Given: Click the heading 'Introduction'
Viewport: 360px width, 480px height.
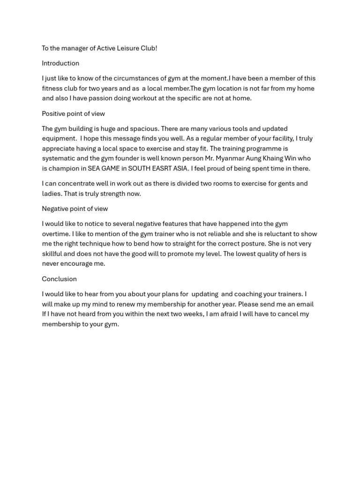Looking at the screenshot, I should (x=60, y=63).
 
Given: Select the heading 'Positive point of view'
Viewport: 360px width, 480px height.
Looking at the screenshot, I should (x=73, y=113).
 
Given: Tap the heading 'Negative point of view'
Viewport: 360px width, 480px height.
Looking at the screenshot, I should (x=75, y=209).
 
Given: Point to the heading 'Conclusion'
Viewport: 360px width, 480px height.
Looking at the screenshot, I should (x=59, y=279).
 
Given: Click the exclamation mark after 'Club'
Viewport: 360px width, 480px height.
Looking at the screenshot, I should (x=156, y=48).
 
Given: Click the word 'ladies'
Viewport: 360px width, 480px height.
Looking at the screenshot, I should (x=52, y=194).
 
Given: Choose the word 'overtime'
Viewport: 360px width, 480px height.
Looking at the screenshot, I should (x=55, y=234).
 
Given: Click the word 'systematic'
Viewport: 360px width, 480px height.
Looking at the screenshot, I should (x=58, y=158).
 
